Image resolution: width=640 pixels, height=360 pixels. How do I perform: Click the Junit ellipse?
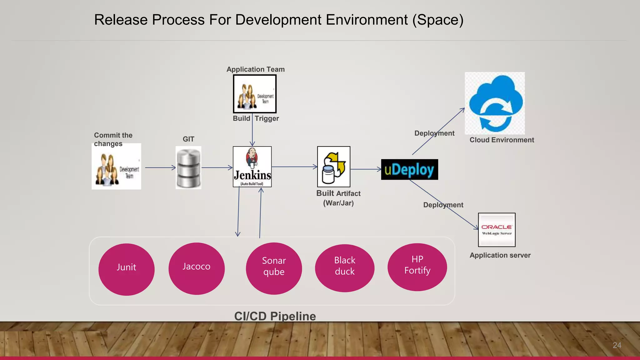[126, 269]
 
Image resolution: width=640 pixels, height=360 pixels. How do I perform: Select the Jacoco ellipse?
[196, 268]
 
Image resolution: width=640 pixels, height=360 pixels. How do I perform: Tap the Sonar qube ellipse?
[274, 268]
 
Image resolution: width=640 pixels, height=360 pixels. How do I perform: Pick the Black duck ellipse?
[344, 268]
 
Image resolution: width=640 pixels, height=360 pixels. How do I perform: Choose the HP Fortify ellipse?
[417, 267]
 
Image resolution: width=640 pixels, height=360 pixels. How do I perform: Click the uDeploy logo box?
[409, 169]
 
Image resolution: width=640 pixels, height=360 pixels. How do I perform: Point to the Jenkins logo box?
[252, 167]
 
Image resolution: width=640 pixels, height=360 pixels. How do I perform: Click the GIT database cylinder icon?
[188, 167]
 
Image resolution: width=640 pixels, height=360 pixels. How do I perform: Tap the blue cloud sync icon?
[495, 103]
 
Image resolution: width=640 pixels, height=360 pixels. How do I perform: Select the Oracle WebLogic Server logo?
[497, 230]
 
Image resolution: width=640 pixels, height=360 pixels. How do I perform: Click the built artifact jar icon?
[333, 167]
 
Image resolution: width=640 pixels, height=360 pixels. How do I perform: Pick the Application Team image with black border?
[255, 94]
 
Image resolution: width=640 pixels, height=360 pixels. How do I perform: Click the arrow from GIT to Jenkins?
[217, 168]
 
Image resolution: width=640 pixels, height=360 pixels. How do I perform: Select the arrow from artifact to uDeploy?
[366, 169]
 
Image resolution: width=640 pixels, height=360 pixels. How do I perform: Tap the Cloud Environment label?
[502, 140]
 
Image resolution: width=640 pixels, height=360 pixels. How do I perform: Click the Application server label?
[500, 255]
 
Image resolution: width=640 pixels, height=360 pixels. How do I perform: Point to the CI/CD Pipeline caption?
[275, 316]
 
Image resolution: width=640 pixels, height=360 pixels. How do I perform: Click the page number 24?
[617, 345]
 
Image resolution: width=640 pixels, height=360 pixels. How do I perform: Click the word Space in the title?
[437, 20]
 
